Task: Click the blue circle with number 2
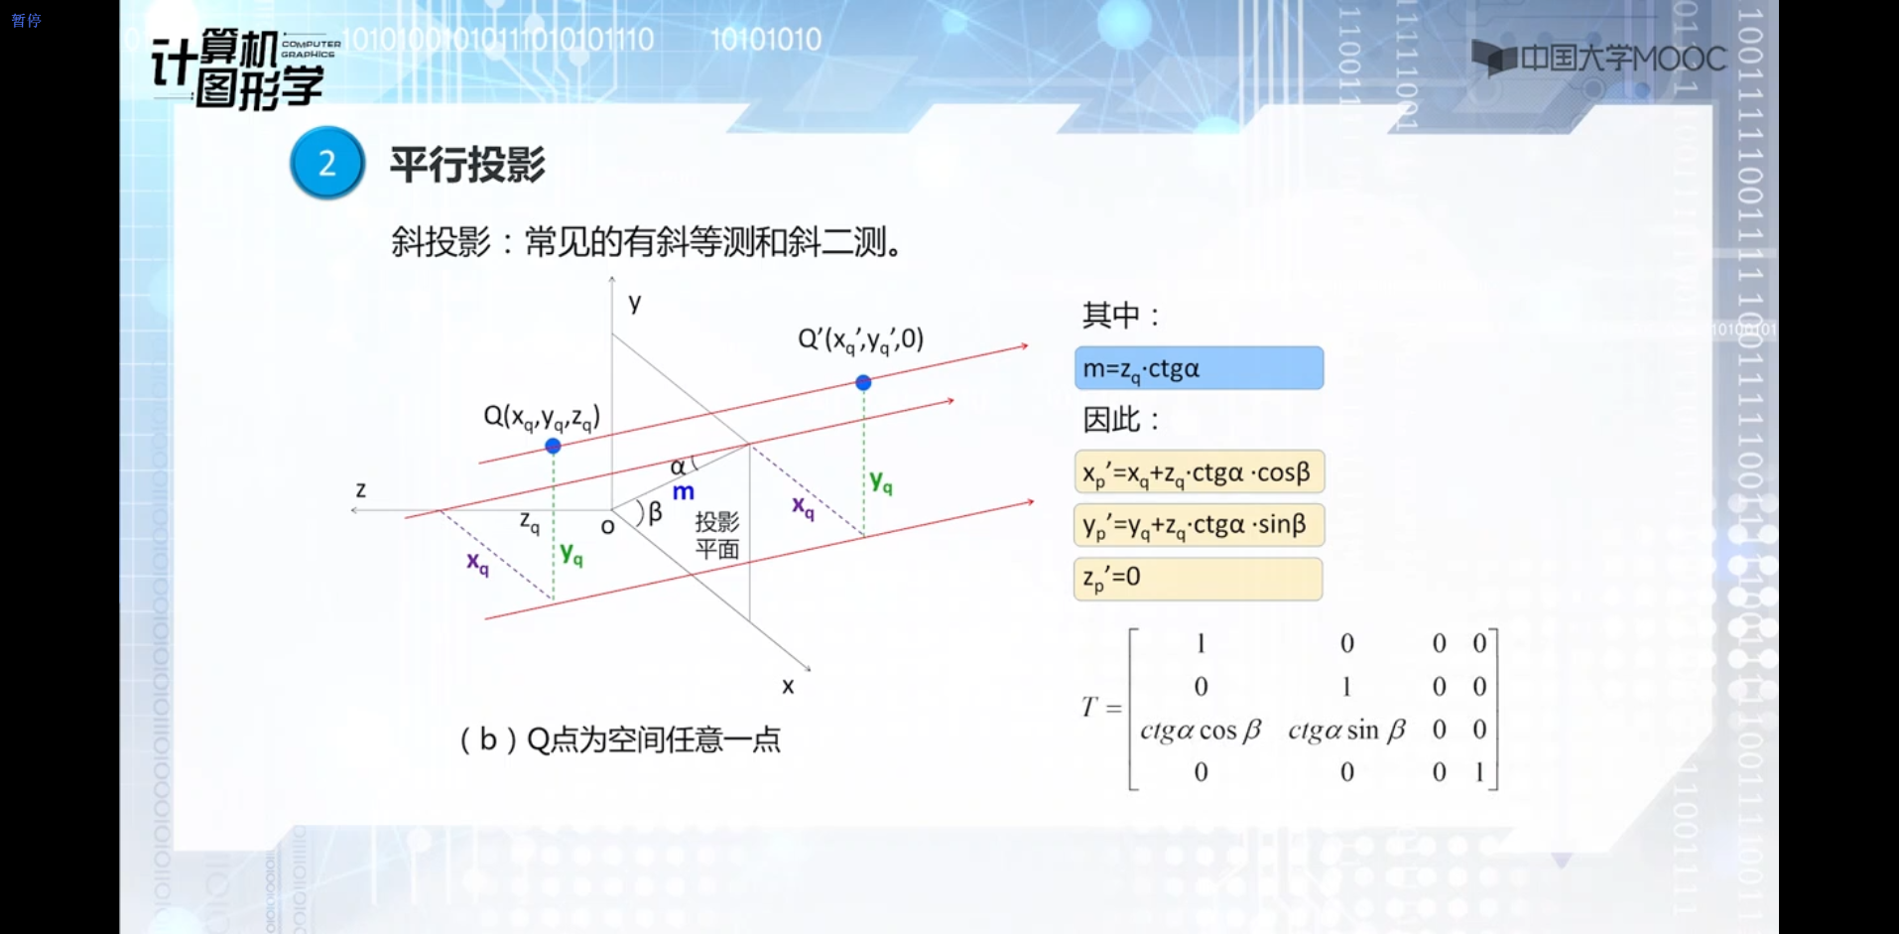click(x=327, y=163)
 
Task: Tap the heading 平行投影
click(x=467, y=164)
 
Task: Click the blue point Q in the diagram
click(x=554, y=446)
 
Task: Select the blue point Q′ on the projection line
click(x=863, y=382)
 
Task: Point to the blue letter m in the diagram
click(x=684, y=491)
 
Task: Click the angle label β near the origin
click(x=655, y=513)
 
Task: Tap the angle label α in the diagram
click(x=678, y=467)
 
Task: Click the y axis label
click(x=635, y=303)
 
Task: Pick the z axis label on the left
click(x=361, y=489)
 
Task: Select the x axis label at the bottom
click(x=788, y=686)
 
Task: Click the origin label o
click(x=608, y=527)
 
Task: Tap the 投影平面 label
click(x=717, y=536)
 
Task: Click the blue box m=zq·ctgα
click(x=1199, y=368)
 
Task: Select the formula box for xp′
click(x=1199, y=472)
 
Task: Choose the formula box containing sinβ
click(x=1199, y=525)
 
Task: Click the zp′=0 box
click(x=1199, y=579)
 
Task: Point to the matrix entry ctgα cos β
click(x=1201, y=731)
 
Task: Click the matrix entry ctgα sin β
click(x=1346, y=731)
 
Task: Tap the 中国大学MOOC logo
click(x=1598, y=59)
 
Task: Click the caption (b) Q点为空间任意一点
click(x=620, y=739)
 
